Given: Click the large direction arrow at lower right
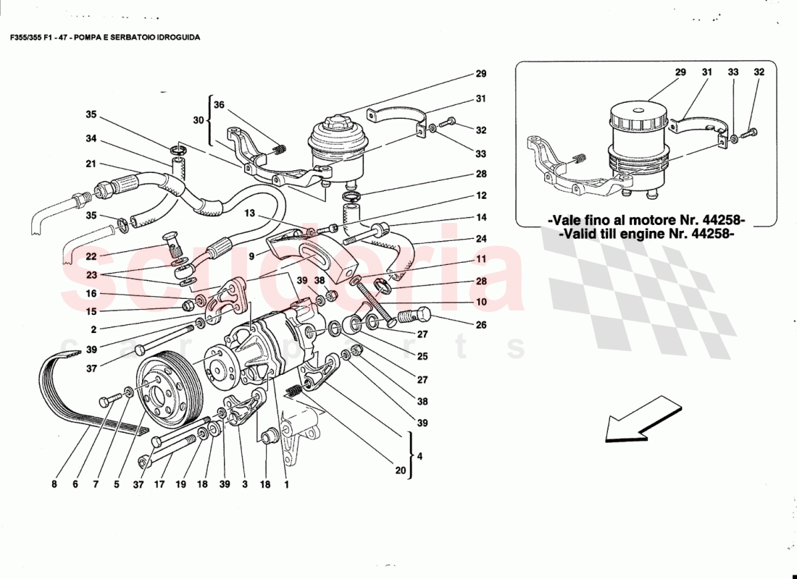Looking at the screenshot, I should [x=638, y=420].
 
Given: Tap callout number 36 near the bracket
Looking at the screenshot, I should [x=219, y=104].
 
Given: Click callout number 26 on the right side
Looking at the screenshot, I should [x=480, y=325].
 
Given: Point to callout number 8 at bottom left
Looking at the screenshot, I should [x=54, y=485].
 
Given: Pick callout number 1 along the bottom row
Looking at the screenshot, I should [x=287, y=485].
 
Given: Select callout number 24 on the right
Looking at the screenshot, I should [x=480, y=239].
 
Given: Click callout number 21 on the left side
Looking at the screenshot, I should [x=91, y=164].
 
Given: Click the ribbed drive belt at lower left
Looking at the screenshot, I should [x=65, y=391].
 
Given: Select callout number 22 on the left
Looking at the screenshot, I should [x=91, y=257].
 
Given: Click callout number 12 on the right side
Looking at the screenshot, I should [x=480, y=195].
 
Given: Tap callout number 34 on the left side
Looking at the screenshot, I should [x=91, y=139].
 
